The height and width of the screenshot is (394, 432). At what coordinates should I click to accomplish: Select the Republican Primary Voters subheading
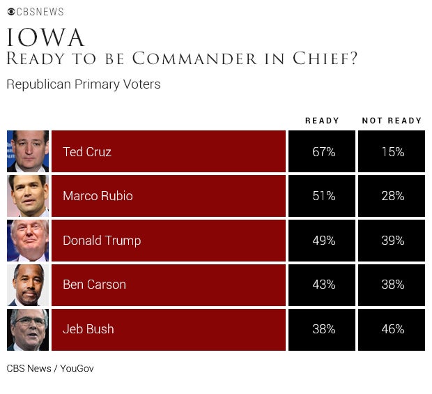coord(83,84)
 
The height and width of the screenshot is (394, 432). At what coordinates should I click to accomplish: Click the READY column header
coord(322,121)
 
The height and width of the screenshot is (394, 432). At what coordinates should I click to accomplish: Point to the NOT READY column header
coord(392,121)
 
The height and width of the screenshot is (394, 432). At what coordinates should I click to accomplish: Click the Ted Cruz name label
coord(87,151)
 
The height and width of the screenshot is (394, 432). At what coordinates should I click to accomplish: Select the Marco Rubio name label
coord(98,196)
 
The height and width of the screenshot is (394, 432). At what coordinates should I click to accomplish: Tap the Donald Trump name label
coord(102,241)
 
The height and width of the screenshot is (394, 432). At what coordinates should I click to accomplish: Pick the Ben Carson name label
coord(94,285)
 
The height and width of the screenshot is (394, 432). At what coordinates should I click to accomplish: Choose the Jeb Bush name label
coord(88,329)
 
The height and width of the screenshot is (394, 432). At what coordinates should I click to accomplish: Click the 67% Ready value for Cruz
coord(323,151)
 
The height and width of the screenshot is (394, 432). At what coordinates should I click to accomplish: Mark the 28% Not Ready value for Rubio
coord(392,196)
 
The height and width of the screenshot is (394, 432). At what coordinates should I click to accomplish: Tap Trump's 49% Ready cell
coord(323,241)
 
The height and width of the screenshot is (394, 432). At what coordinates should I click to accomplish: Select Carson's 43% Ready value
coord(323,285)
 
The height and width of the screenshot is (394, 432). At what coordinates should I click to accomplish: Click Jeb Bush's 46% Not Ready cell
coord(392,329)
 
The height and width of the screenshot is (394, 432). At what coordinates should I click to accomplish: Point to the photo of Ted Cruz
coord(28,151)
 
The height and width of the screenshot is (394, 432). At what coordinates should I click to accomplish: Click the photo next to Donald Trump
coord(28,241)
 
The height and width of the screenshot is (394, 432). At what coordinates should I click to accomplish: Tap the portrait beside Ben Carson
coord(28,285)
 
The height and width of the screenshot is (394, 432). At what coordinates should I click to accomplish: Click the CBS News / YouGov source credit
coord(49,368)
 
